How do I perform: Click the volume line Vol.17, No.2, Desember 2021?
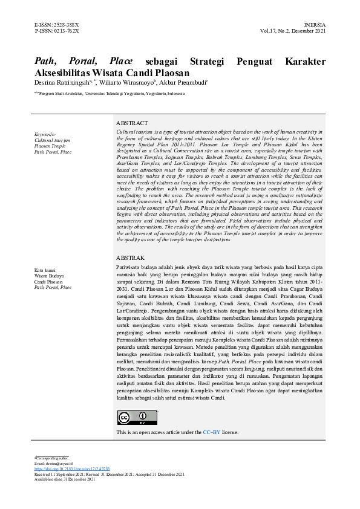click(293, 30)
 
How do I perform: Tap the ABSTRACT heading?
click(132, 123)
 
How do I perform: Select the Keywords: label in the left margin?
click(45, 134)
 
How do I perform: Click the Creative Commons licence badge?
click(137, 417)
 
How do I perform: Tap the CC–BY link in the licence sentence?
click(211, 432)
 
